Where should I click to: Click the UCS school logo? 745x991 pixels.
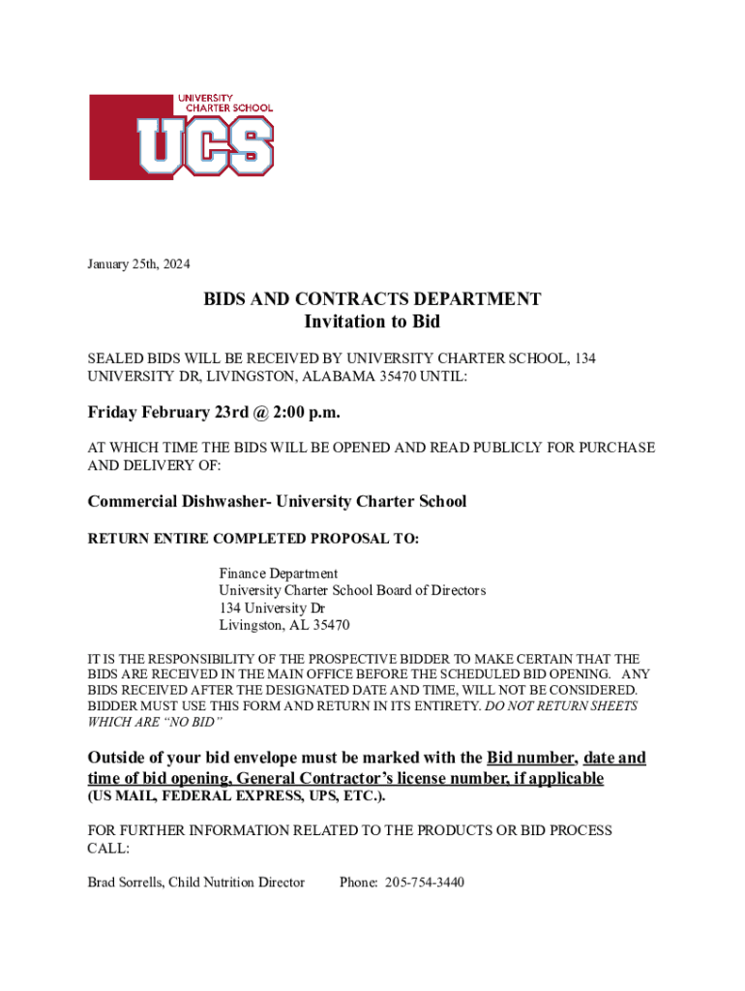[181, 136]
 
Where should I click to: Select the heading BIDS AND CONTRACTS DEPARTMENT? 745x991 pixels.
[372, 299]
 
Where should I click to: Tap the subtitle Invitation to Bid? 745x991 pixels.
[372, 321]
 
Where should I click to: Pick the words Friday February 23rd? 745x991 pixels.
[162, 413]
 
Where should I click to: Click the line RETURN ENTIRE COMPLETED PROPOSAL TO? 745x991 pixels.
[253, 538]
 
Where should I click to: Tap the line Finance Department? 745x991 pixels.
[278, 574]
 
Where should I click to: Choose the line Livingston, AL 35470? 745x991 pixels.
[283, 625]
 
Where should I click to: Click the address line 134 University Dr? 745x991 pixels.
[272, 608]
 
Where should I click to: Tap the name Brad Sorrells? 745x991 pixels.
[124, 882]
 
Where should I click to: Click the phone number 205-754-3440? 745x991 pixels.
[424, 882]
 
